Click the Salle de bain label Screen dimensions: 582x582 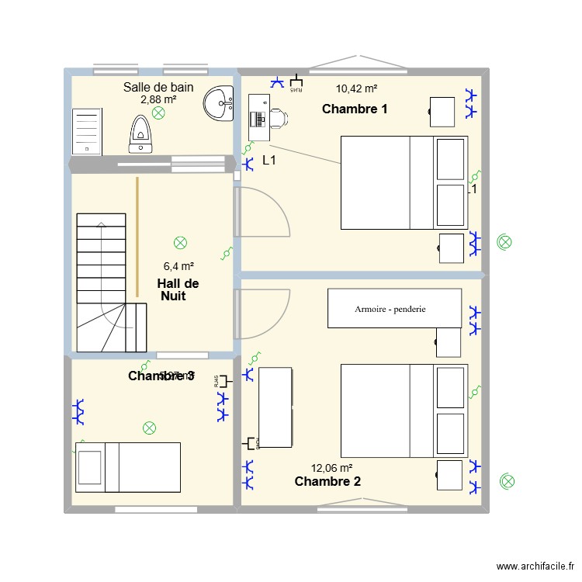(158, 87)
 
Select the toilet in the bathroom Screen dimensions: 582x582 (140, 133)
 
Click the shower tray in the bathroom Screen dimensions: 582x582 (87, 131)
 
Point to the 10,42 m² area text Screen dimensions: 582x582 (356, 89)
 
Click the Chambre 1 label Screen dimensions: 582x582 (355, 109)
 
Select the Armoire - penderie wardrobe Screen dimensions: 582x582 (394, 308)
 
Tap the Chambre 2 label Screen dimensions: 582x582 (327, 482)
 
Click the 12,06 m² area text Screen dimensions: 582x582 (332, 468)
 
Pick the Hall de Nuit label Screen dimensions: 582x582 (178, 289)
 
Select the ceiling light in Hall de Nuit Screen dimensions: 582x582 (181, 243)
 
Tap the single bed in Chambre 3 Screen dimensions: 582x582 (128, 466)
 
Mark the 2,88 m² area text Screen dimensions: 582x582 (158, 99)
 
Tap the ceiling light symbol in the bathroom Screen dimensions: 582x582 (158, 113)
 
